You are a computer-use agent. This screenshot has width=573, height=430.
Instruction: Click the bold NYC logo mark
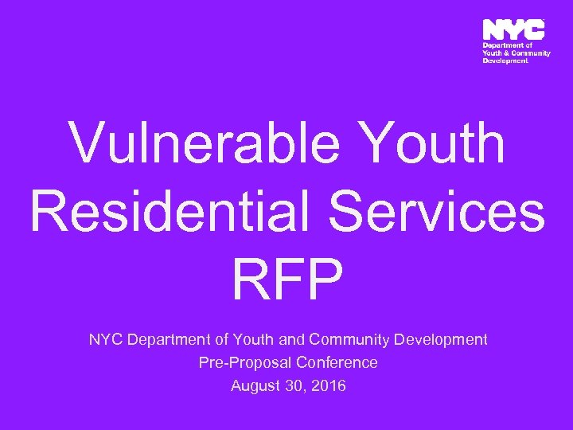(x=513, y=30)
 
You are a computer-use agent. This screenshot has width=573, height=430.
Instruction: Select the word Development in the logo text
(x=505, y=61)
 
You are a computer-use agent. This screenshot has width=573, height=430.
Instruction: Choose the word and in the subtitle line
(x=292, y=340)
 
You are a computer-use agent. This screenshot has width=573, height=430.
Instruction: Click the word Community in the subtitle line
(x=348, y=340)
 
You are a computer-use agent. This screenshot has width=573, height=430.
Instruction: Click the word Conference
(x=337, y=363)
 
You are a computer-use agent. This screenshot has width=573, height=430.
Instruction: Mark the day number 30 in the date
(x=296, y=386)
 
